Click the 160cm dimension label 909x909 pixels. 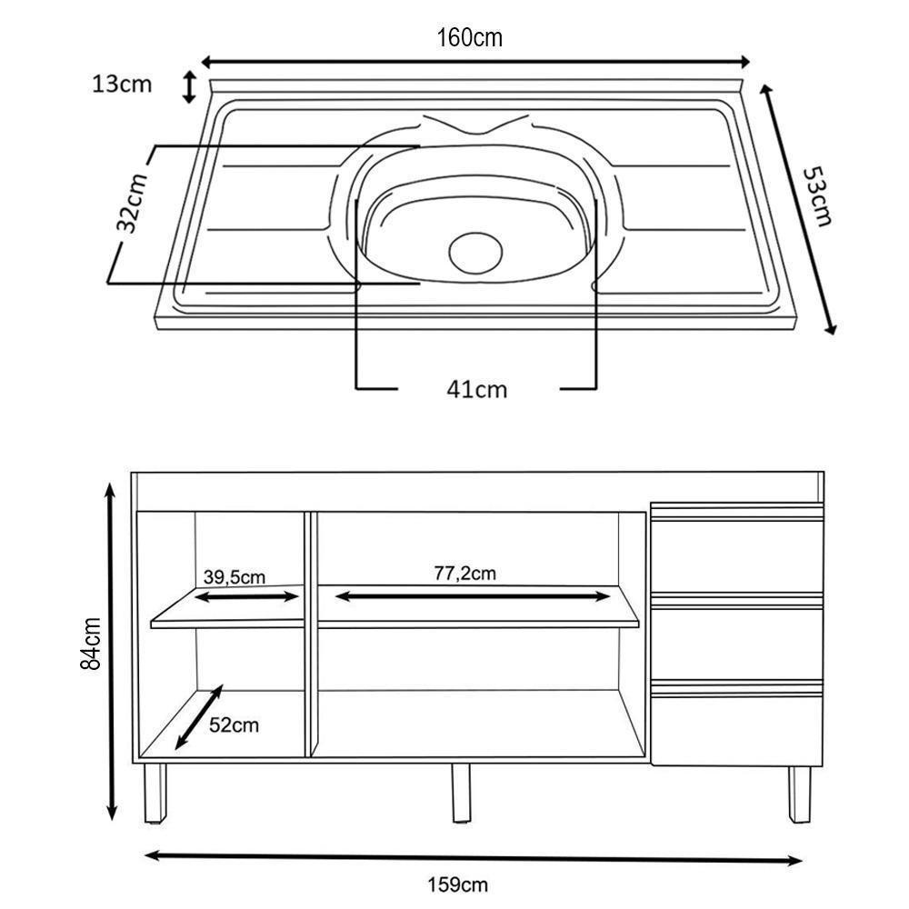coord(469,37)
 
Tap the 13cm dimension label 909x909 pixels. coord(121,85)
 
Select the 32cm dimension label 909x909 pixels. coord(133,203)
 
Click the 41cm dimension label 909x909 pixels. coord(477,389)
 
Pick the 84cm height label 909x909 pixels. coord(91,644)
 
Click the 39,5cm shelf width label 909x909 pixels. coord(234,576)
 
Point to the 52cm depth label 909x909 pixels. coord(234,724)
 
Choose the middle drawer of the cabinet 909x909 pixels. coord(737,641)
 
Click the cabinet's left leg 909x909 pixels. coord(156,792)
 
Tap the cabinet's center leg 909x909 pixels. coord(462,792)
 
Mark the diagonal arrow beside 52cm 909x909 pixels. coord(198,717)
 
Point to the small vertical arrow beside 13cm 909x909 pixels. coord(189,87)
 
